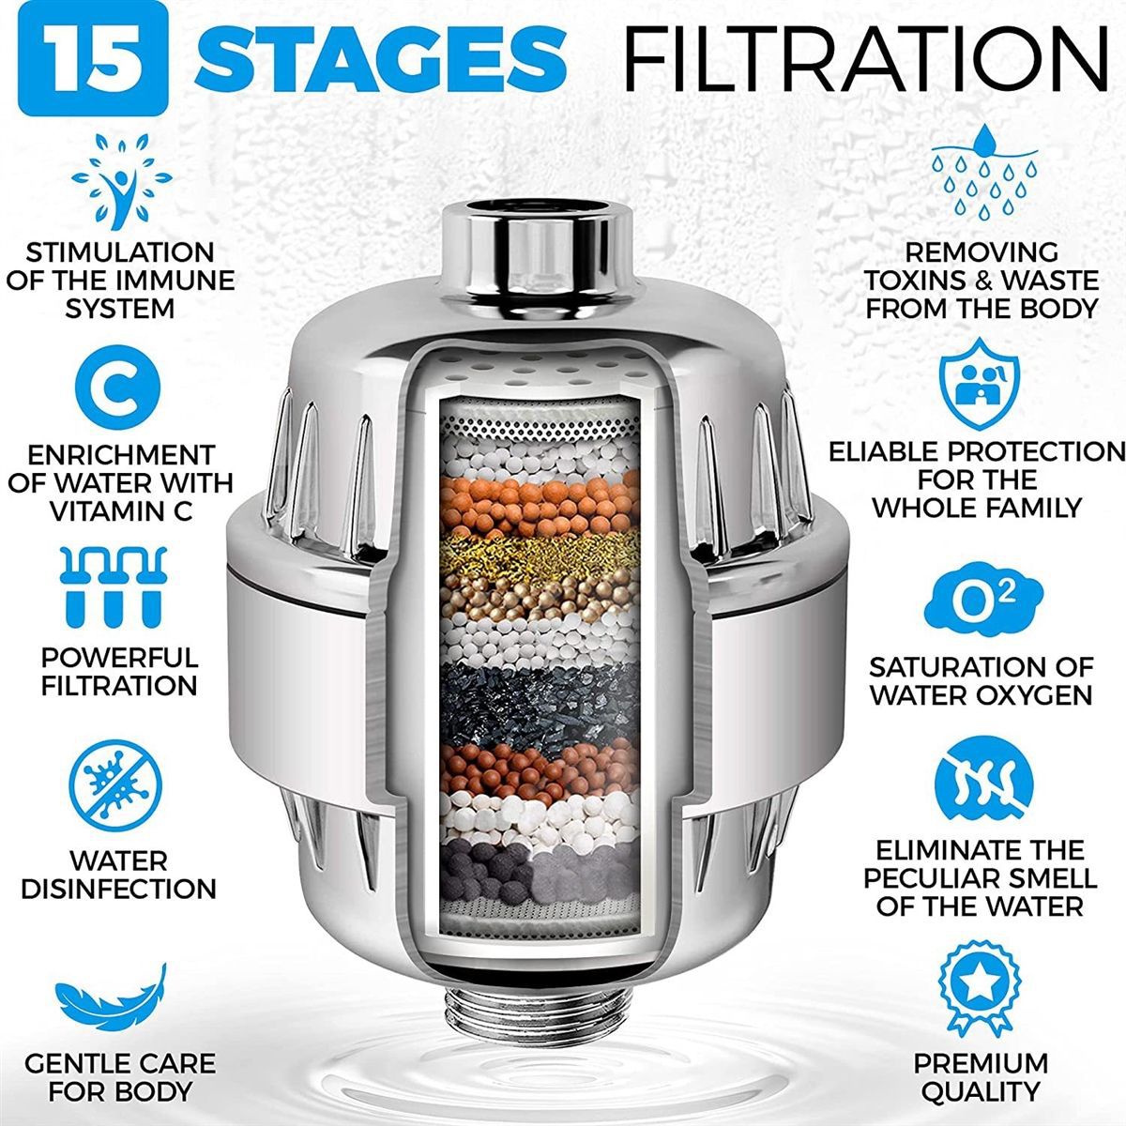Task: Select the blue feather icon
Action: pos(113,997)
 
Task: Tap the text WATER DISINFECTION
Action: pos(118,874)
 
